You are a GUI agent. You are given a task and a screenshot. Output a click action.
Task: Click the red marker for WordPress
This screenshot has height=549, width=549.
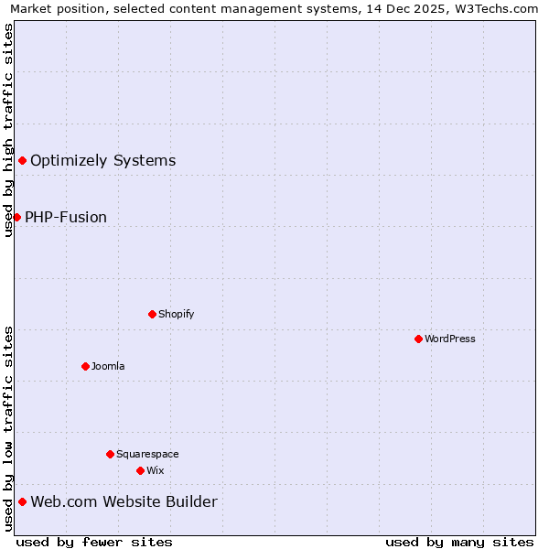click(x=418, y=339)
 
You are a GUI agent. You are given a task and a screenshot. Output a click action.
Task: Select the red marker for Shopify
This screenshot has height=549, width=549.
click(x=152, y=314)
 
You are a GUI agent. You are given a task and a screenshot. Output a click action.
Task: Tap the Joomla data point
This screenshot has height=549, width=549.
click(x=85, y=366)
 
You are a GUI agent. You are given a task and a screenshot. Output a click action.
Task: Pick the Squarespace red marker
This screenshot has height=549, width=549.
click(x=110, y=454)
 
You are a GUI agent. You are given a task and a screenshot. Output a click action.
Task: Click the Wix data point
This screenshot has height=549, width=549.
click(x=140, y=470)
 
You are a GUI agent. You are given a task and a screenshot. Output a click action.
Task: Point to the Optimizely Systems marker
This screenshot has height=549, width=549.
click(x=22, y=161)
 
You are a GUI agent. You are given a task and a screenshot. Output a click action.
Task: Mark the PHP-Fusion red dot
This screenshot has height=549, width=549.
click(x=16, y=217)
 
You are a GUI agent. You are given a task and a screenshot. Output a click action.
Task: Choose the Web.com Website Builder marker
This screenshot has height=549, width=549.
click(x=22, y=501)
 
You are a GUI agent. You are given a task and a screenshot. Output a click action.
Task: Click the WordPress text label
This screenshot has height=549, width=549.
click(x=450, y=339)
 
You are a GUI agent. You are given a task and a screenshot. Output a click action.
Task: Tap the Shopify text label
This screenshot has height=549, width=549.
click(x=177, y=314)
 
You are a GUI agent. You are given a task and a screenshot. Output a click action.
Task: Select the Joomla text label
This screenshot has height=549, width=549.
click(x=108, y=366)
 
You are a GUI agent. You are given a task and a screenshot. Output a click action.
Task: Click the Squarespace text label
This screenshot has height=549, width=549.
click(x=147, y=454)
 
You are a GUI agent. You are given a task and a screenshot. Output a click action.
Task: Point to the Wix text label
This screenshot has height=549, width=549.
click(x=156, y=470)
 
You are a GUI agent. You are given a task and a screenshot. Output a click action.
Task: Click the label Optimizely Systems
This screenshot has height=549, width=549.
click(x=102, y=161)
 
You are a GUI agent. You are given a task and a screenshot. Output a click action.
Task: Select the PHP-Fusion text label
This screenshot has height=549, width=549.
click(x=66, y=217)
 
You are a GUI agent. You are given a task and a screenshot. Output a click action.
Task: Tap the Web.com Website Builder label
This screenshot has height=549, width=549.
click(x=124, y=501)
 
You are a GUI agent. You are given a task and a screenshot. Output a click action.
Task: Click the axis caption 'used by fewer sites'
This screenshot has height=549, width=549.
click(x=94, y=542)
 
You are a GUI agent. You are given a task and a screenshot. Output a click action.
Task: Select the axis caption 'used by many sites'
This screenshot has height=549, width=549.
click(x=459, y=542)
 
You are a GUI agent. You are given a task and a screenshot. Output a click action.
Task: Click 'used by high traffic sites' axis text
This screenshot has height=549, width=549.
click(x=8, y=130)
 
